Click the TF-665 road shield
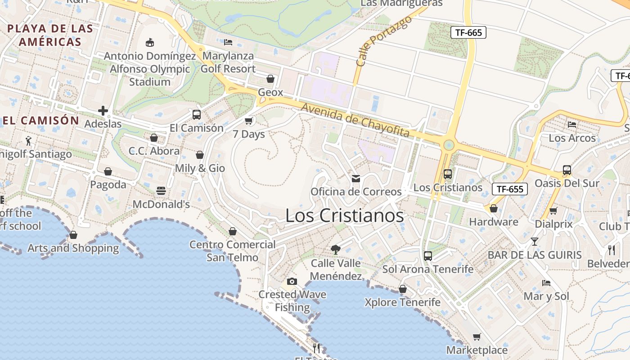point(468,32)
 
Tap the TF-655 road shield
point(509,189)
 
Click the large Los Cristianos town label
point(345,216)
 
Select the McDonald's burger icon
point(161,191)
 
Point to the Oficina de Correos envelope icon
point(356,179)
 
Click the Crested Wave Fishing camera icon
point(292,282)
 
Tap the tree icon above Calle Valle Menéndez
point(335,249)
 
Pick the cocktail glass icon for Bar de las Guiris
point(534,242)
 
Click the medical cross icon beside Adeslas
point(103,111)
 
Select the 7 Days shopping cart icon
point(248,121)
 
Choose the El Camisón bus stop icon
point(197,114)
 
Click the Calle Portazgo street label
point(383,41)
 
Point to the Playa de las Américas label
point(50,35)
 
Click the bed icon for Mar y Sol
point(546,283)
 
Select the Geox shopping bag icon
point(270,79)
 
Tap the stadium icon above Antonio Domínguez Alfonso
point(150,43)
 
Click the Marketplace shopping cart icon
point(477,337)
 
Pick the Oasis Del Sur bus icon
point(567,170)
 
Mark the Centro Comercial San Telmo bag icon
point(233,231)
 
